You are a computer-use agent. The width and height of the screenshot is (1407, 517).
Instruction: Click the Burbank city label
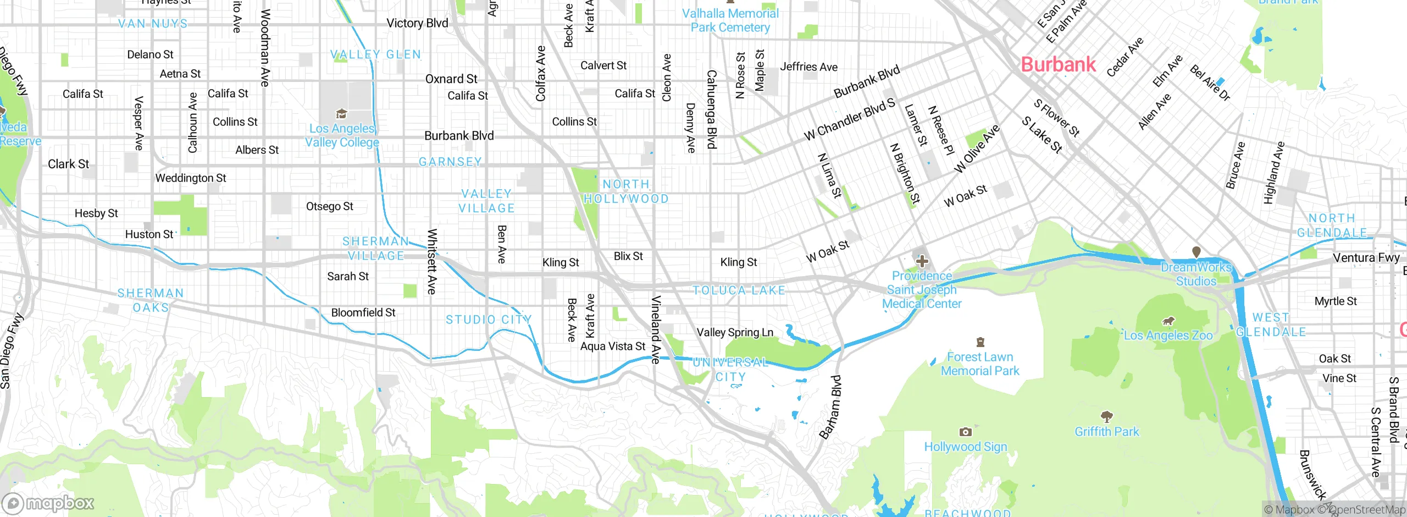click(x=1058, y=64)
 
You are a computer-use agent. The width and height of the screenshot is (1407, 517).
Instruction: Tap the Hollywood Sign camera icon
click(x=965, y=432)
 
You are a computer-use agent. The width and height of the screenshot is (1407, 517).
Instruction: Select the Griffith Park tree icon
click(x=1106, y=416)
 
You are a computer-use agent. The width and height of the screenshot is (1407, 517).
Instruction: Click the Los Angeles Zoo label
click(x=1168, y=335)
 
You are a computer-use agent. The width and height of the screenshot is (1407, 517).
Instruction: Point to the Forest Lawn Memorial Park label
click(x=980, y=364)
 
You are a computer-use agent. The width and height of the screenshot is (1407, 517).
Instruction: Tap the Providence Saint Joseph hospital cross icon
click(x=922, y=261)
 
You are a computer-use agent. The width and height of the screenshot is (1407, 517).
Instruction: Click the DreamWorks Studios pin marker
click(x=1196, y=252)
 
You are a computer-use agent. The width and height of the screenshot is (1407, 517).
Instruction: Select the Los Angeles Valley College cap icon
click(x=341, y=114)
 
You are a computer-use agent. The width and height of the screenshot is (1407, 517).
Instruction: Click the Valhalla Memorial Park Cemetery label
click(x=730, y=20)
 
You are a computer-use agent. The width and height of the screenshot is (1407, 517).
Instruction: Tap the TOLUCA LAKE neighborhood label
click(x=739, y=290)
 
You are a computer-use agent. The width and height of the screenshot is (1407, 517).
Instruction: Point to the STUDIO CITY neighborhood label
click(x=489, y=320)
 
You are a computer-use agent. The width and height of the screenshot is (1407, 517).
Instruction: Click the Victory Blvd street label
click(x=417, y=23)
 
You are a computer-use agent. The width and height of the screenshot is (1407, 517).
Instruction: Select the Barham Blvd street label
click(x=831, y=407)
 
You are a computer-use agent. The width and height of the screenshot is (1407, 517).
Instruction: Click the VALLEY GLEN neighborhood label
click(x=376, y=54)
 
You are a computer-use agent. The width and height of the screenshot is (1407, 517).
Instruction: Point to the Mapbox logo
click(x=48, y=503)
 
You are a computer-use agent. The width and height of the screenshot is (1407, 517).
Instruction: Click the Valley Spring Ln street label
click(x=735, y=332)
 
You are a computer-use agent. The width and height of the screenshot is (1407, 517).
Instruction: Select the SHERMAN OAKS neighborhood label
click(x=151, y=300)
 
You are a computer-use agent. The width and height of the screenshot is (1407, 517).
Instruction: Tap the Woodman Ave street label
click(x=265, y=48)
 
